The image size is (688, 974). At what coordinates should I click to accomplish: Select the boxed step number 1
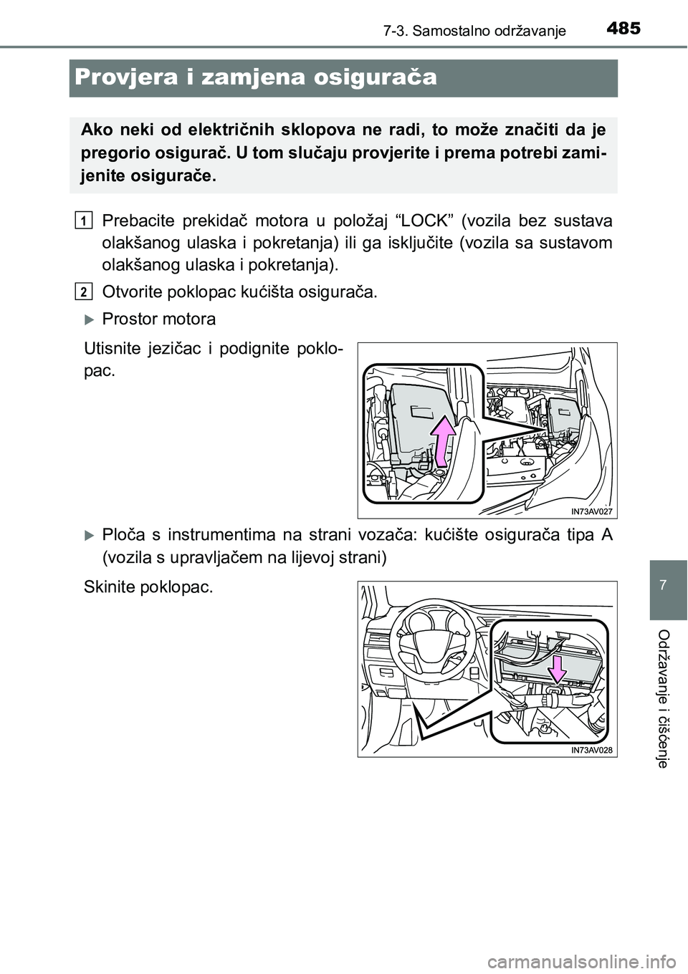pyautogui.click(x=85, y=219)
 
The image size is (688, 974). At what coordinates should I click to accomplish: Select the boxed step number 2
pyautogui.click(x=85, y=291)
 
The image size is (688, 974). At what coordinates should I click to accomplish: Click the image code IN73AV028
pyautogui.click(x=593, y=750)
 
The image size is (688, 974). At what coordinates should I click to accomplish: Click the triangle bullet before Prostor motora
pyautogui.click(x=89, y=318)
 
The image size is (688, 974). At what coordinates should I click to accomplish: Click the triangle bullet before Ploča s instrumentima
pyautogui.click(x=89, y=534)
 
